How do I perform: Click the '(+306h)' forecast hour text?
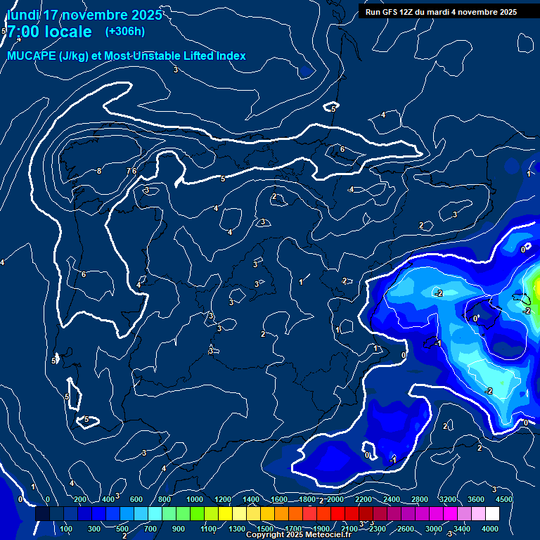click(124, 31)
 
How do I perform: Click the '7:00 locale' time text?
click(49, 32)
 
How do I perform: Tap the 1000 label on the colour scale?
click(195, 499)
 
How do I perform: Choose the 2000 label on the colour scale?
click(335, 499)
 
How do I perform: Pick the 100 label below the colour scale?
click(67, 529)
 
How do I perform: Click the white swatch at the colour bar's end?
click(512, 514)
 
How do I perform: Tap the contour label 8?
click(99, 171)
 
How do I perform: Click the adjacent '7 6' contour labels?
click(131, 171)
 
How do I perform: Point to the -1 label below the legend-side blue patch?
click(394, 458)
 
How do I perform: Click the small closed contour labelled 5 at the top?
click(333, 108)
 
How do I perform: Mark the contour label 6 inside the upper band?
click(342, 149)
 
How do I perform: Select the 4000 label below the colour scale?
click(490, 529)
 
